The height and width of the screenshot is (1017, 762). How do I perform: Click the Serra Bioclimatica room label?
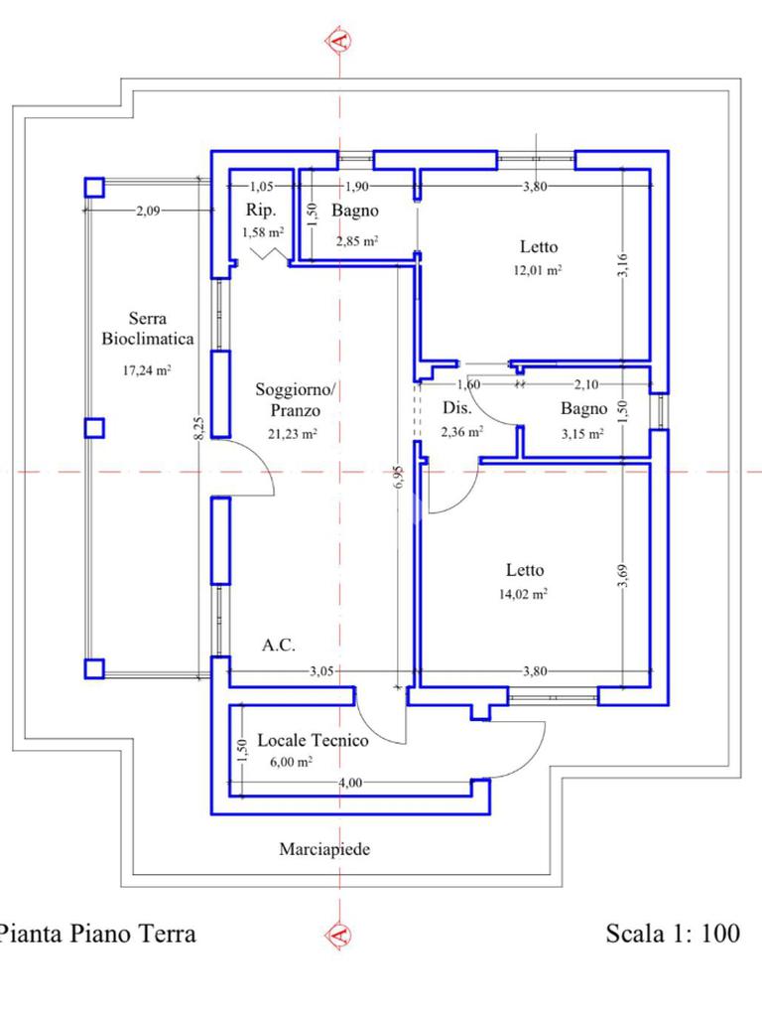pyautogui.click(x=148, y=329)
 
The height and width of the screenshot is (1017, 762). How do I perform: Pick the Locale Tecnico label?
pyautogui.click(x=313, y=740)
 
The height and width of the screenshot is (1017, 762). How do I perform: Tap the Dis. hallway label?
pyautogui.click(x=456, y=408)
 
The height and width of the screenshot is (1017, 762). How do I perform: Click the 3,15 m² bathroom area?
pyautogui.click(x=582, y=433)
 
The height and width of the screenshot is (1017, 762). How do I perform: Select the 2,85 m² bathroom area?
pyautogui.click(x=356, y=240)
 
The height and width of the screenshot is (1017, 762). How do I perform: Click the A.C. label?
pyautogui.click(x=279, y=646)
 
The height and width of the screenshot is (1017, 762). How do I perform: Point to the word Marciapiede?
pyautogui.click(x=324, y=849)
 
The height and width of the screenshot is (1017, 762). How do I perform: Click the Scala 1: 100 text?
pyautogui.click(x=673, y=934)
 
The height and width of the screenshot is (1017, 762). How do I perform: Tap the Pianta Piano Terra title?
pyautogui.click(x=97, y=934)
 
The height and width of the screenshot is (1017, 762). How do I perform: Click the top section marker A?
pyautogui.click(x=339, y=40)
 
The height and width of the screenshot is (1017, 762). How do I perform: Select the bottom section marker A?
pyautogui.click(x=339, y=935)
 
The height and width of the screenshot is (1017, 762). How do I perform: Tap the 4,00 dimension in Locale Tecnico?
pyautogui.click(x=350, y=782)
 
